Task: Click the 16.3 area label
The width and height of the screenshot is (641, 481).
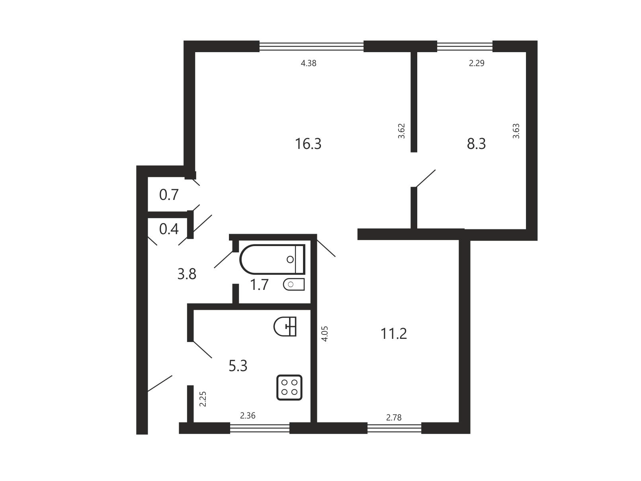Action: [308, 144]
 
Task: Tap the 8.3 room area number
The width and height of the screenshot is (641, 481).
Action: [476, 144]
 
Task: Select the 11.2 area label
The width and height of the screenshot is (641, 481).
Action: [394, 334]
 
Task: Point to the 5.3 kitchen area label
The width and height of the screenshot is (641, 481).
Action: [238, 366]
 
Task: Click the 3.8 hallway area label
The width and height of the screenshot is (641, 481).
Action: [187, 274]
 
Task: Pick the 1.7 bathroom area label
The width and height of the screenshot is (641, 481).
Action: [259, 285]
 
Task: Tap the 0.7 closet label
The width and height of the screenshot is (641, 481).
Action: [169, 195]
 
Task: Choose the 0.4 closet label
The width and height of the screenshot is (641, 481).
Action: [169, 229]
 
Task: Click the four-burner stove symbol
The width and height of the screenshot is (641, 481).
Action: [289, 387]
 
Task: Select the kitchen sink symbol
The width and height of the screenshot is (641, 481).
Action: [285, 327]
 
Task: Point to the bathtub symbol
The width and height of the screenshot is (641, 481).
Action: [272, 259]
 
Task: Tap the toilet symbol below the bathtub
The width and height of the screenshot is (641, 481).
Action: [294, 284]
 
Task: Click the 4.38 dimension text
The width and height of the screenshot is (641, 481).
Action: [309, 63]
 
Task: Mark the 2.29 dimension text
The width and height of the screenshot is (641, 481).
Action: [477, 63]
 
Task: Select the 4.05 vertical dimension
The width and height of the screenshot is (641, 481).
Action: [325, 334]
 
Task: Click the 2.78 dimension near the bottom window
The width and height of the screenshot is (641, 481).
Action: [394, 418]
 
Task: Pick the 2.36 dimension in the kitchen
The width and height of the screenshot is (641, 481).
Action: [248, 416]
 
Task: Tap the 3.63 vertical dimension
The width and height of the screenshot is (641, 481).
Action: [516, 131]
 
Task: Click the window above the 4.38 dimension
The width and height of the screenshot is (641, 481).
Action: [311, 46]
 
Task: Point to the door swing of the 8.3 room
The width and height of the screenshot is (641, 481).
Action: [425, 178]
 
